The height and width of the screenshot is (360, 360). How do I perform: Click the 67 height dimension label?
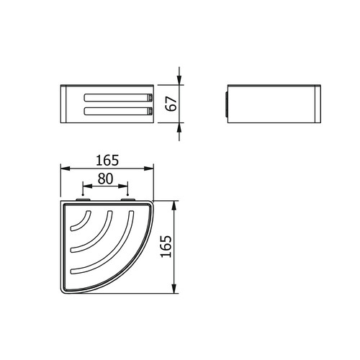pyautogui.click(x=172, y=104)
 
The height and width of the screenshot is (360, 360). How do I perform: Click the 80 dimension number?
pyautogui.click(x=105, y=179)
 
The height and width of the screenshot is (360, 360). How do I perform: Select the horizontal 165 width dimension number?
pyautogui.click(x=107, y=161)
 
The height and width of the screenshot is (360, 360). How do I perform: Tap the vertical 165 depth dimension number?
pyautogui.click(x=166, y=246)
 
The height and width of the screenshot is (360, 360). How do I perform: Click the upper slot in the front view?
pyautogui.click(x=118, y=97)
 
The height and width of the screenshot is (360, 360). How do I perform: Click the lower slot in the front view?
pyautogui.click(x=118, y=111)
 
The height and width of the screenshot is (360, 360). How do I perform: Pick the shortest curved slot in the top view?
pyautogui.click(x=81, y=221)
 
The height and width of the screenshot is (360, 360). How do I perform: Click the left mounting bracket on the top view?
pyautogui.click(x=83, y=199)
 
